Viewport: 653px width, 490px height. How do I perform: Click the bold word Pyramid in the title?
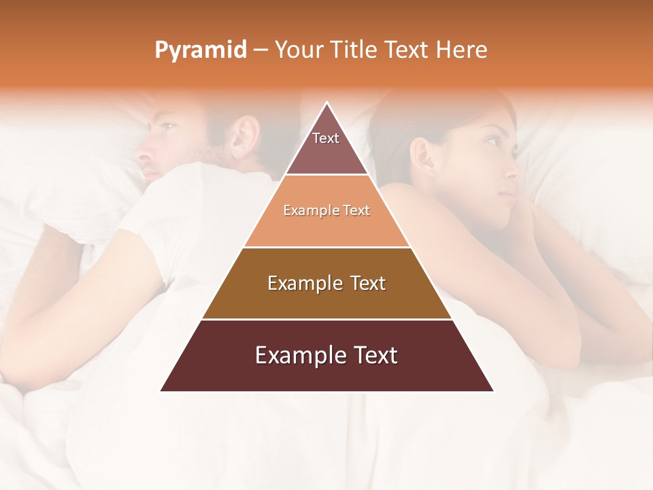201,50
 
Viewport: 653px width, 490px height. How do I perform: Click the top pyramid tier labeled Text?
326,146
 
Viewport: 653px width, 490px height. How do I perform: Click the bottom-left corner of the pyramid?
162,391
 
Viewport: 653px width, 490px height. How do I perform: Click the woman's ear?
422,157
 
